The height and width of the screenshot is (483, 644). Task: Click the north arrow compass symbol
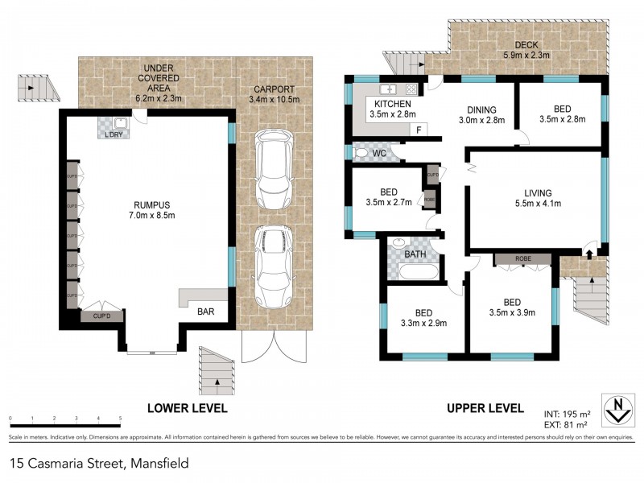617,409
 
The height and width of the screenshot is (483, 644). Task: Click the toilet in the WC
362,152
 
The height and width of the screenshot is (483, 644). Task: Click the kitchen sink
388,89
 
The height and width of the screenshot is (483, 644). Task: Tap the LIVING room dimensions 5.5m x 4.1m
537,204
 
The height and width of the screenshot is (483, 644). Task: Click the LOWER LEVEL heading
187,408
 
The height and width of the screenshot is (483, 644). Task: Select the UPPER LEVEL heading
485,408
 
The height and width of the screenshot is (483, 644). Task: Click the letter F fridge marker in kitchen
419,130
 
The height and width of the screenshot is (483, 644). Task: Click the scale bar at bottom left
64,419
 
